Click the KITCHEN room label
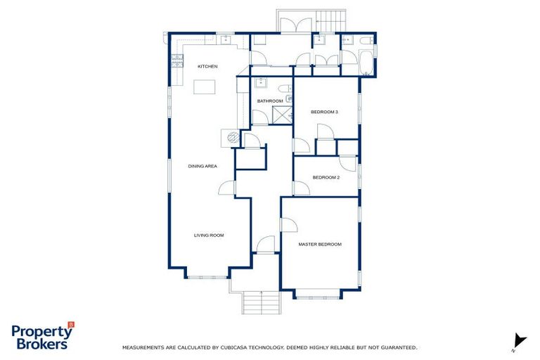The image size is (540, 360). click(x=207, y=66)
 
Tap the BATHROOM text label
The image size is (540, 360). click(x=269, y=101)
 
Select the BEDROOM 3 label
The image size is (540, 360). click(x=325, y=112)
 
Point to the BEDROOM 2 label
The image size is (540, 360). click(x=326, y=177)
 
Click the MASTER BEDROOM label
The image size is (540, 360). click(x=320, y=244)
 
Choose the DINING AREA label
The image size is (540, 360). click(x=202, y=166)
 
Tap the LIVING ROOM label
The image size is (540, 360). click(x=209, y=235)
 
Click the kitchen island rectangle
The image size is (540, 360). click(x=205, y=87)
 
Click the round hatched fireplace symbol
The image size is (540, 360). click(x=230, y=139)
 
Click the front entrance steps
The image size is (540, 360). click(x=261, y=303)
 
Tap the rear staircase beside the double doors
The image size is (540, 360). click(x=332, y=20)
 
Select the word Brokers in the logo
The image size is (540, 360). click(x=40, y=344)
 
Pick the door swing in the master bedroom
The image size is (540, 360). click(x=288, y=225)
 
